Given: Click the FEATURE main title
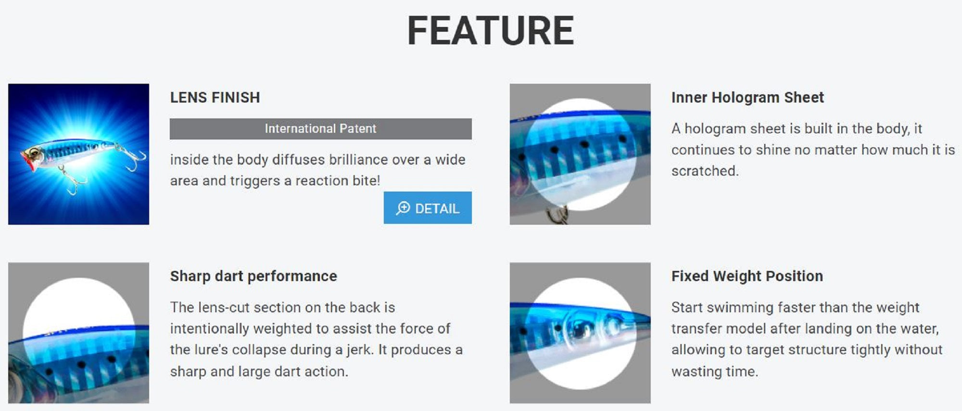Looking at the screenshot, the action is pos(491,31).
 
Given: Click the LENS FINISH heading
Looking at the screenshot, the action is pos(215,98).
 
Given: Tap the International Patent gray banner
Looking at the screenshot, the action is pos(320,129).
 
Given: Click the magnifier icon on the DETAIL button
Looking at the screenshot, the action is pos(403,208).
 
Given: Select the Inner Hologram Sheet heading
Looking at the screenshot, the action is pos(747,98).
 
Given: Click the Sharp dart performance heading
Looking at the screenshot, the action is pos(253,276).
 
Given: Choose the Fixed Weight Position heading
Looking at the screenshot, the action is pos(747,276).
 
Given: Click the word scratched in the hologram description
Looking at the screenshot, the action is pos(705,171).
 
